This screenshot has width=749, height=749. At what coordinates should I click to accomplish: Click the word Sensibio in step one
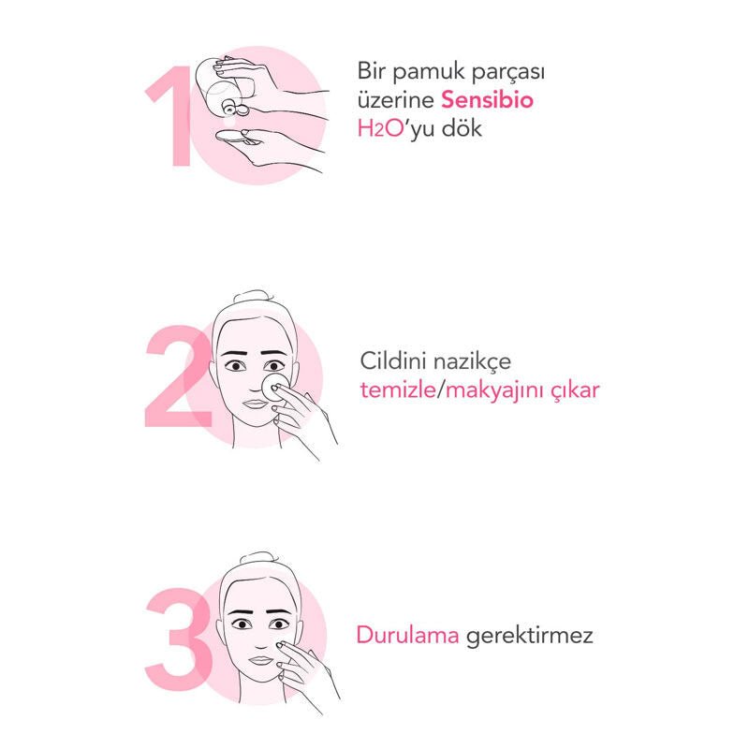tap(487, 100)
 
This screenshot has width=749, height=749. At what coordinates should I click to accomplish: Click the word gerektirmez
tap(529, 637)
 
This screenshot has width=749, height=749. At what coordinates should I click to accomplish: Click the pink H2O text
tap(381, 128)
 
